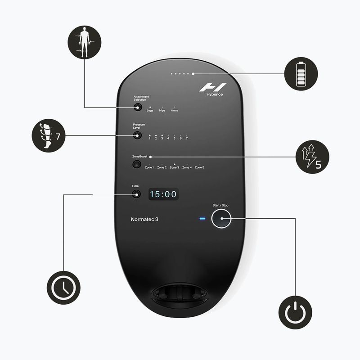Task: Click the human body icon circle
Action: pyautogui.click(x=84, y=43)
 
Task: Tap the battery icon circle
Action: pyautogui.click(x=301, y=74)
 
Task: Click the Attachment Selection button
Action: pyautogui.click(x=137, y=107)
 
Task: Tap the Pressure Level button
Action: pyautogui.click(x=137, y=135)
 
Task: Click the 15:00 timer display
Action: pyautogui.click(x=163, y=194)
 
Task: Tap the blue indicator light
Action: pyautogui.click(x=202, y=220)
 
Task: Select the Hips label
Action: pyautogui.click(x=162, y=111)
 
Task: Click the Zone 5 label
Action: pyautogui.click(x=199, y=167)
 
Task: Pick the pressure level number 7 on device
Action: pyautogui.click(x=187, y=138)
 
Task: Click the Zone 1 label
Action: pyautogui.click(x=149, y=167)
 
